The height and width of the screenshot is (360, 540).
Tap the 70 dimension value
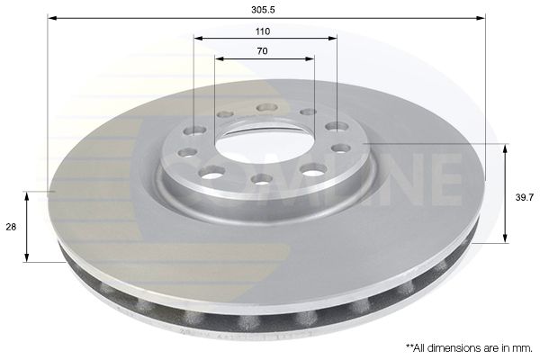[262, 51]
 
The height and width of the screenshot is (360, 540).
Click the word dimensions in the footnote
[452, 346]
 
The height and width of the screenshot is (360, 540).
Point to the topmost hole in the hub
[265, 108]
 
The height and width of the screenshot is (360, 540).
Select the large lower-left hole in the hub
[213, 171]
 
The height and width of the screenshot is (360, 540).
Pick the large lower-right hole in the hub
[312, 169]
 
